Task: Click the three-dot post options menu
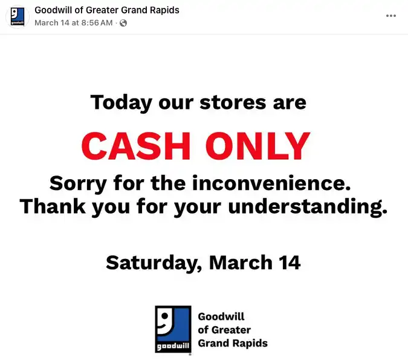(x=390, y=16)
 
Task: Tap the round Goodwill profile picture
(x=18, y=16)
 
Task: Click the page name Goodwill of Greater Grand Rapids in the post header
(x=107, y=10)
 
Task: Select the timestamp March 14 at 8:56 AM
(x=73, y=23)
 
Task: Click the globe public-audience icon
(x=123, y=23)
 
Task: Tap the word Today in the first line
(x=121, y=102)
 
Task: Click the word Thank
(x=53, y=207)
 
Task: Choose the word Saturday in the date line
(x=154, y=263)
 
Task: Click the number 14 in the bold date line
(x=288, y=262)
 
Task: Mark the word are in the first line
(x=289, y=102)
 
